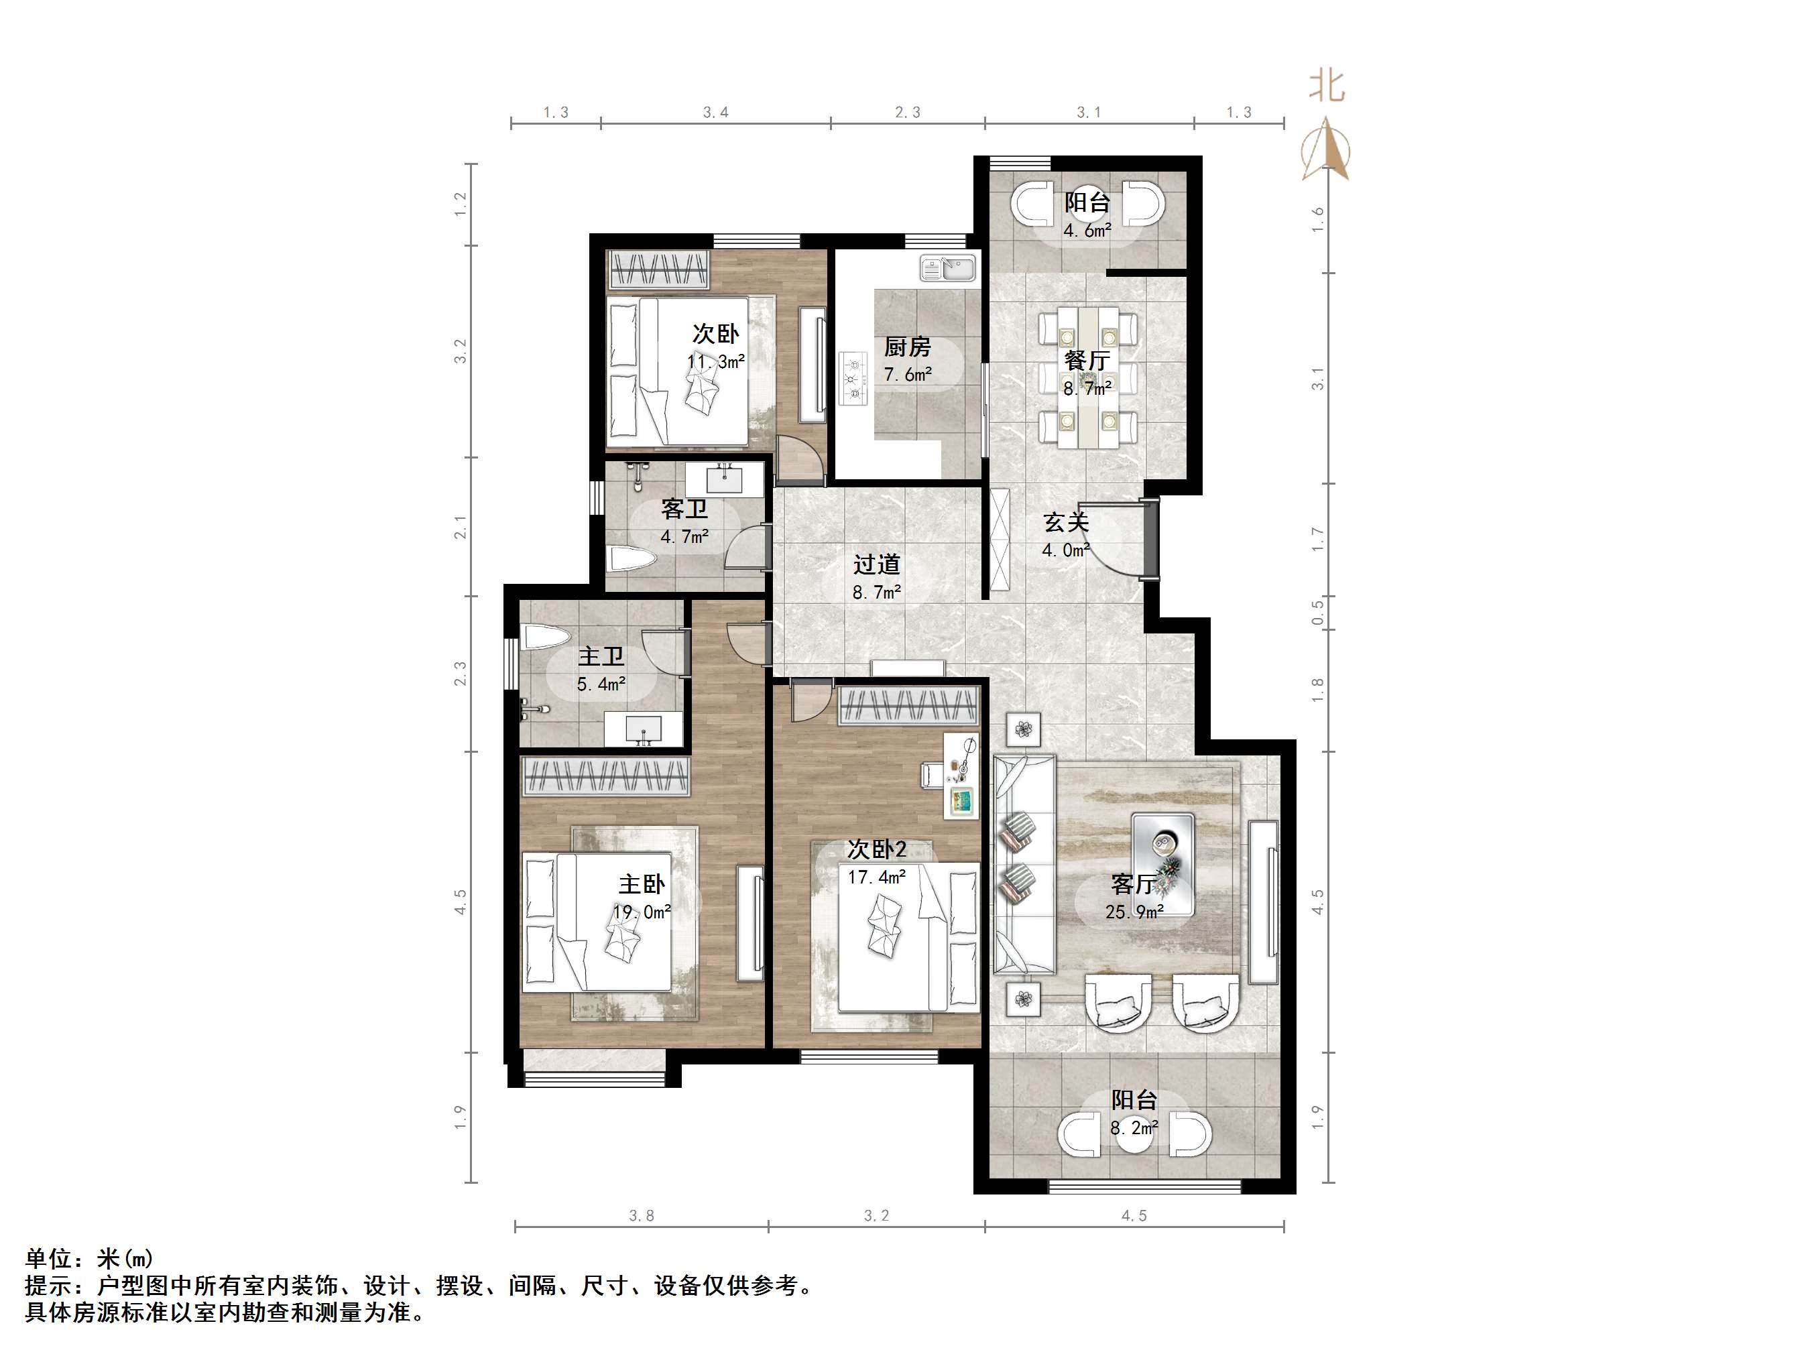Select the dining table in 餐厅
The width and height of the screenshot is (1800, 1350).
1087,376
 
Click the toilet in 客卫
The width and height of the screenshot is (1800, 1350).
632,560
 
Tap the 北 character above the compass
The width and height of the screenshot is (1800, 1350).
1327,85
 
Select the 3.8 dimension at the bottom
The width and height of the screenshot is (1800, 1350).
642,1216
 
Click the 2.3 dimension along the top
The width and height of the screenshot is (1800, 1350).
907,113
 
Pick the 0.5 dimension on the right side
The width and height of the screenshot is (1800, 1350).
1317,612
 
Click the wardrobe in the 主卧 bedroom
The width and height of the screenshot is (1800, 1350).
605,776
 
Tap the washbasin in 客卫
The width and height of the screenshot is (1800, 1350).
724,479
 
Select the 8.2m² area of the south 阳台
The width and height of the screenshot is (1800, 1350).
1134,1128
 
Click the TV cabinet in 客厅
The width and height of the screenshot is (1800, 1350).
1262,902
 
